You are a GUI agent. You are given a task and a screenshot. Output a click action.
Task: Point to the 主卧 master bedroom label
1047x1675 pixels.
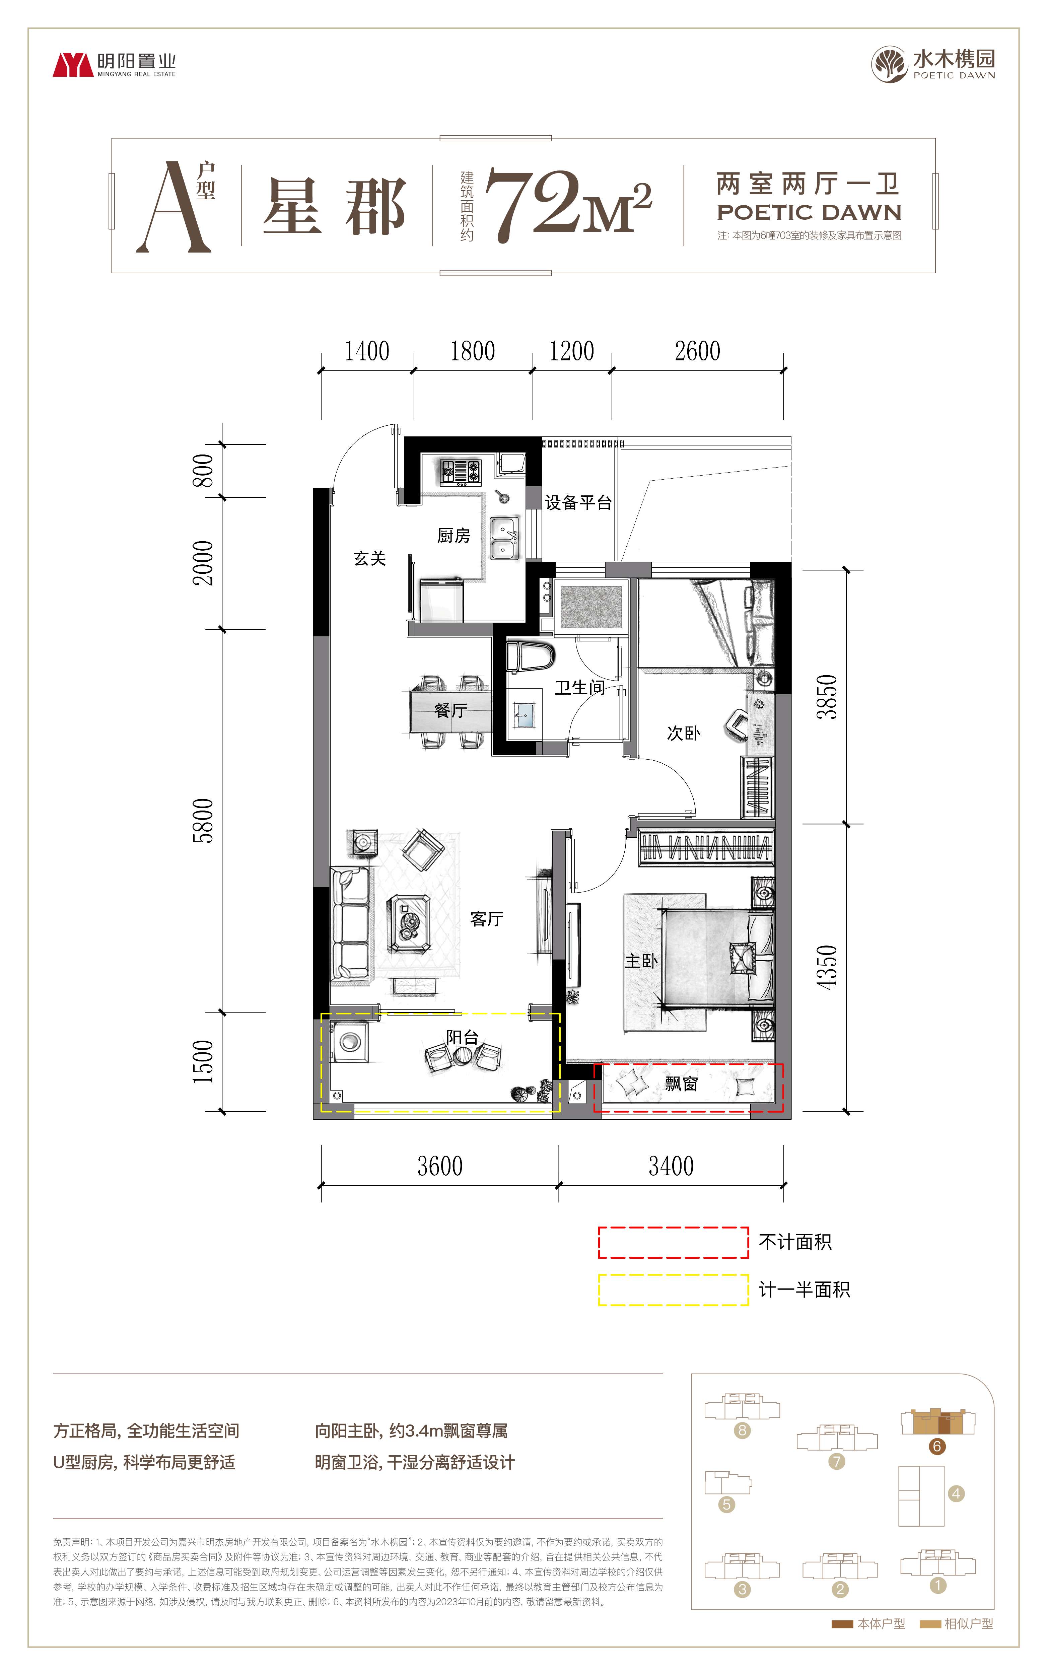pos(641,961)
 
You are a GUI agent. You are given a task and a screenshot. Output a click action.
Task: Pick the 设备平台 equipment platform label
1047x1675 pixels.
pos(578,503)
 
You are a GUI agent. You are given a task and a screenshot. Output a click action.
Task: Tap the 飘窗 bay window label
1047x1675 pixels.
pos(681,1084)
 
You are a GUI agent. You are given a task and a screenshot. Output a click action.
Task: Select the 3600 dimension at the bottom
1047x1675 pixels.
pos(440,1166)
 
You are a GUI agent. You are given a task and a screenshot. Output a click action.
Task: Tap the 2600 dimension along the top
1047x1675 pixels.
pos(697,351)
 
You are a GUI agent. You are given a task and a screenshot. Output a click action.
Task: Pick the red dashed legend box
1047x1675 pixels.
pos(673,1242)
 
